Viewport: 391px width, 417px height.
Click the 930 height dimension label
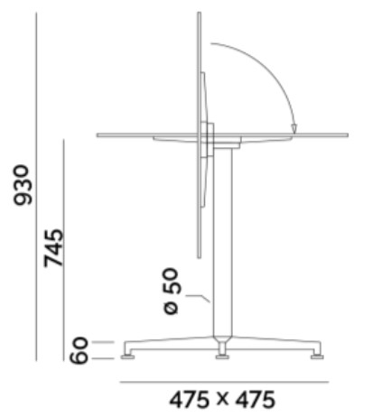[x=23, y=185]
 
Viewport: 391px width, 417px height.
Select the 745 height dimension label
[x=53, y=248]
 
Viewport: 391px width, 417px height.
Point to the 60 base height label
[x=79, y=350]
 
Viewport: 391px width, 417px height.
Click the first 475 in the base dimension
[x=190, y=400]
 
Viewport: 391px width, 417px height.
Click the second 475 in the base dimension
[x=256, y=400]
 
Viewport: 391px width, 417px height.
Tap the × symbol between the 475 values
[x=222, y=399]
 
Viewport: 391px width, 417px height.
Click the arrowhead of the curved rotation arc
[x=294, y=128]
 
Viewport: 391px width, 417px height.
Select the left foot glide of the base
[x=127, y=357]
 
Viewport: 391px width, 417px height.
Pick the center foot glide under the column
[x=222, y=357]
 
